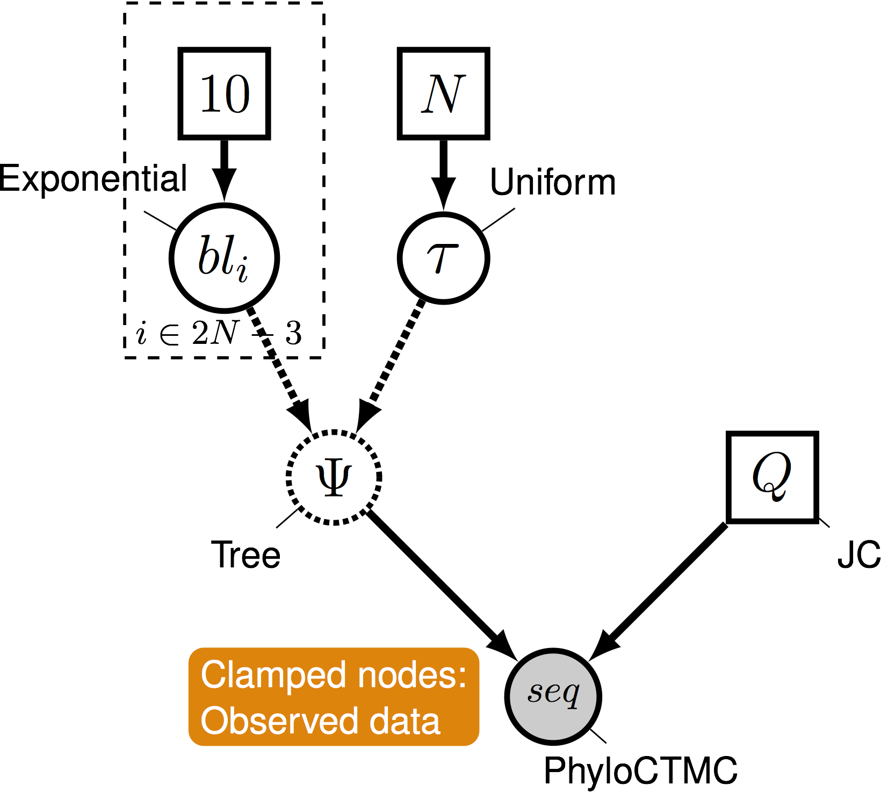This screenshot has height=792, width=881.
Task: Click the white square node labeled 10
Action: coord(224,93)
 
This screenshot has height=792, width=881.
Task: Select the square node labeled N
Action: coord(443,93)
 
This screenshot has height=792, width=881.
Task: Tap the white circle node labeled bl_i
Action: coord(224,258)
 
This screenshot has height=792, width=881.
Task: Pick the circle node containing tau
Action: coord(443,258)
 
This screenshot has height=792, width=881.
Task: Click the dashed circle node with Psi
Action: coord(334,477)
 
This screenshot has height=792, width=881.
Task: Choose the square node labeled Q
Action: coord(772,477)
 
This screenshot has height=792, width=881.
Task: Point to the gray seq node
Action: coord(553,696)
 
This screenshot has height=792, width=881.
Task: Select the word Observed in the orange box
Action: coord(279,721)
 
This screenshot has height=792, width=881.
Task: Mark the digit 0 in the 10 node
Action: coord(237,95)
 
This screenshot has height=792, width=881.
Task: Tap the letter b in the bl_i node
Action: coord(208,255)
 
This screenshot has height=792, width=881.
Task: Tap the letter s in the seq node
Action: coord(535,693)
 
